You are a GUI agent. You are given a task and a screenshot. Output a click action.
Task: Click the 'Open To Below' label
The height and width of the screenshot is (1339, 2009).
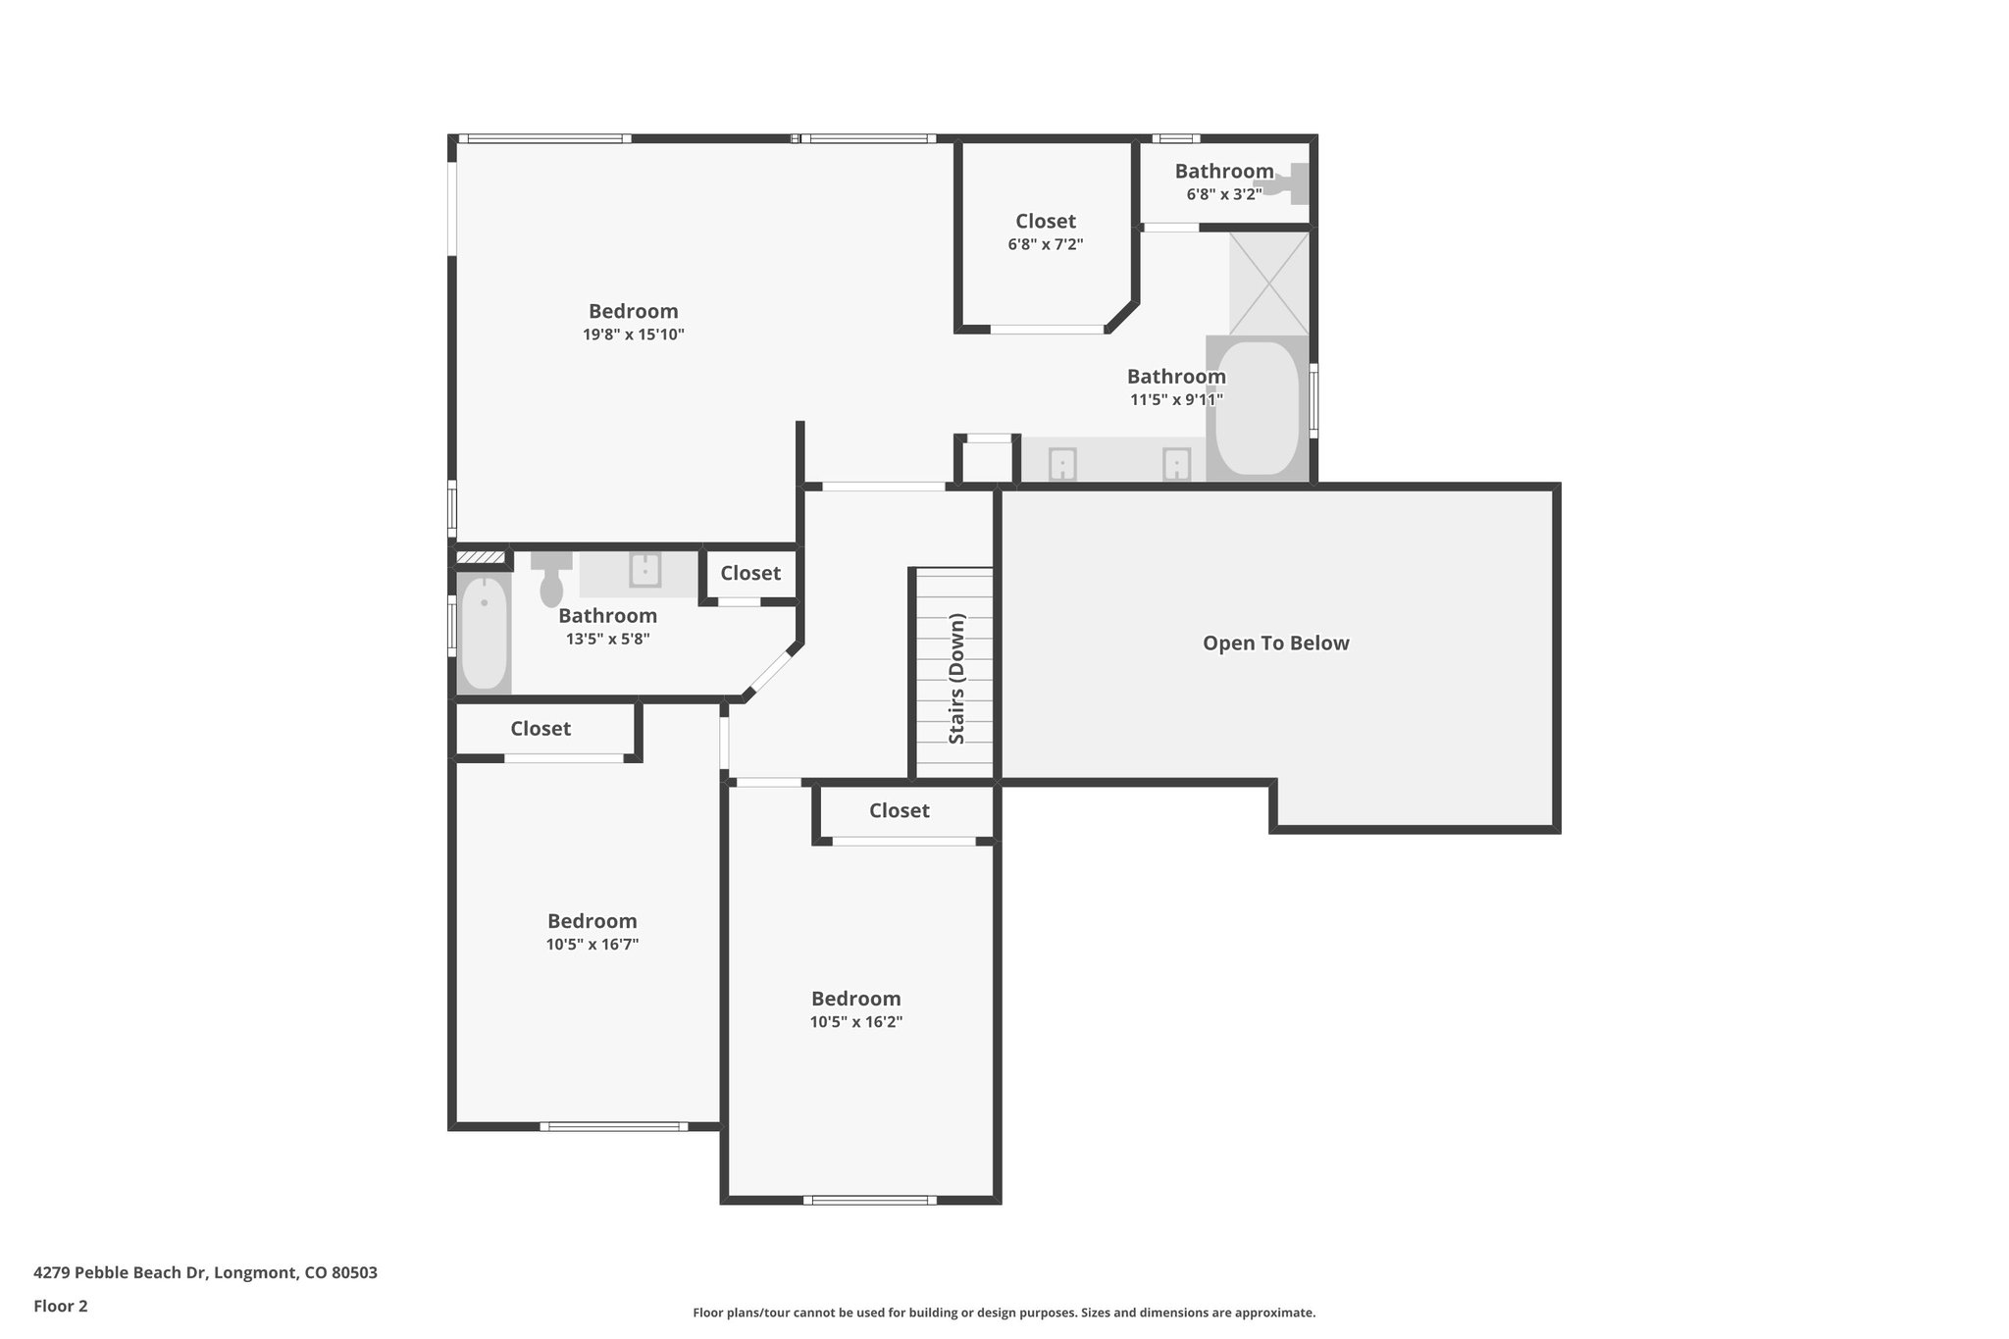pyautogui.click(x=1276, y=644)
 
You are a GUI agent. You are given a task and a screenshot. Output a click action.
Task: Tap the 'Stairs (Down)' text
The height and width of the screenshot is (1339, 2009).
pyautogui.click(x=957, y=679)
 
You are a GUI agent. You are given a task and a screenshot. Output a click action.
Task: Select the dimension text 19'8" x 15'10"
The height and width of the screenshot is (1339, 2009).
pyautogui.click(x=634, y=335)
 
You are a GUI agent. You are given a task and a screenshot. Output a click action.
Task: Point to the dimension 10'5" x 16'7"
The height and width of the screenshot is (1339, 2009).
pyautogui.click(x=593, y=945)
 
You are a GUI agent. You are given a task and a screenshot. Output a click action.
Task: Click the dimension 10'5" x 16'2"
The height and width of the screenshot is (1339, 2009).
pyautogui.click(x=856, y=1022)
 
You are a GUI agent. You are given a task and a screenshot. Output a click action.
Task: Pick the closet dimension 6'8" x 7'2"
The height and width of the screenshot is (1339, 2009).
pyautogui.click(x=1046, y=244)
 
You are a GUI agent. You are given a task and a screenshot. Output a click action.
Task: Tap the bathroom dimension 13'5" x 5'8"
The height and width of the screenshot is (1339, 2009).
pyautogui.click(x=608, y=639)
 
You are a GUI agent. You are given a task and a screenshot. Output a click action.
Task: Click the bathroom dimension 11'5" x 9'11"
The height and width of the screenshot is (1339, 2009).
pyautogui.click(x=1177, y=400)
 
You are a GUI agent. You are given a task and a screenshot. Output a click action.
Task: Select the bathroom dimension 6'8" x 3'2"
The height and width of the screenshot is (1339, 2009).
pyautogui.click(x=1224, y=194)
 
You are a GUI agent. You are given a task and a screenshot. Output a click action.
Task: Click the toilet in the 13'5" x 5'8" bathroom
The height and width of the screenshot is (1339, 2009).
pyautogui.click(x=551, y=579)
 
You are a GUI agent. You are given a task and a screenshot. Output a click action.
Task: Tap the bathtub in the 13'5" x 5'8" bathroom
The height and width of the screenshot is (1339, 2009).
pyautogui.click(x=485, y=634)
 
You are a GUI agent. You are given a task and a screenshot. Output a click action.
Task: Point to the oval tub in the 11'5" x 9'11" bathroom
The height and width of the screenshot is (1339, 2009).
pyautogui.click(x=1258, y=408)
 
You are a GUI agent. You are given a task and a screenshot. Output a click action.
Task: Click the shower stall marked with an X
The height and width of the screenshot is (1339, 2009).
pyautogui.click(x=1269, y=283)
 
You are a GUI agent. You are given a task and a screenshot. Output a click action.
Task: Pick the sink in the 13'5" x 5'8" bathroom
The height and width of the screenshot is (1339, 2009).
pyautogui.click(x=644, y=570)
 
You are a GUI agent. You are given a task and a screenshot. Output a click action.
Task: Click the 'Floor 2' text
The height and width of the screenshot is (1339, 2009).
pyautogui.click(x=61, y=1306)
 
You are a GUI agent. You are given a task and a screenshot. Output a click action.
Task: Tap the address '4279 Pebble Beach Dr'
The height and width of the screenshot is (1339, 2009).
pyautogui.click(x=121, y=1273)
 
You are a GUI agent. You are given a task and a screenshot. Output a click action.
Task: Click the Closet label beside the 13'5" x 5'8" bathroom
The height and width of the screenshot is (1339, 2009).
pyautogui.click(x=750, y=573)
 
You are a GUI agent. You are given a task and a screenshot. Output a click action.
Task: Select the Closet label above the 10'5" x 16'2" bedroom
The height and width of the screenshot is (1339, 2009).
pyautogui.click(x=900, y=810)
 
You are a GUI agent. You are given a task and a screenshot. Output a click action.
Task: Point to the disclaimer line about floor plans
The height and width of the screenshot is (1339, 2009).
pyautogui.click(x=1004, y=1313)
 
